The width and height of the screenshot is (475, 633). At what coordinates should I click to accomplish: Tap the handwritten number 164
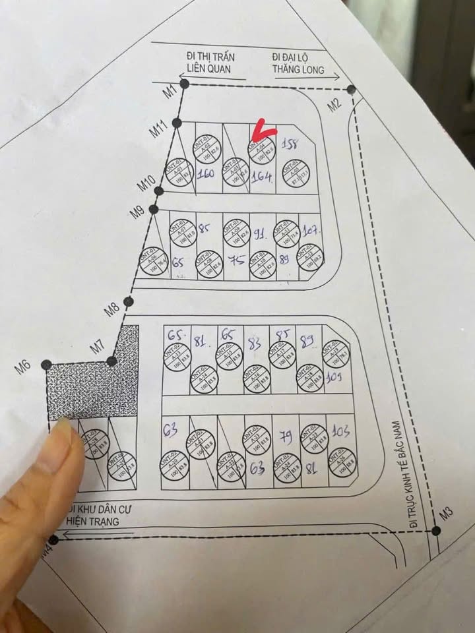(263, 177)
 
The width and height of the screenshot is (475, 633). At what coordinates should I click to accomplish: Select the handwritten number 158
(290, 143)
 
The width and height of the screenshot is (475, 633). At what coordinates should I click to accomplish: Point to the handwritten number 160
(207, 175)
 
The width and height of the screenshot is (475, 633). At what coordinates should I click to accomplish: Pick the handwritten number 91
(261, 233)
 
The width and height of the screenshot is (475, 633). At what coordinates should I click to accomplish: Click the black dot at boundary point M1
(185, 84)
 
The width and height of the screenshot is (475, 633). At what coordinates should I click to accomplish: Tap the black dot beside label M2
(351, 89)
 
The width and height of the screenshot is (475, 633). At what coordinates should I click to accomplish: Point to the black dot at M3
(436, 530)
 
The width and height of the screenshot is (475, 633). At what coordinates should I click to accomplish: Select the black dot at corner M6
(46, 364)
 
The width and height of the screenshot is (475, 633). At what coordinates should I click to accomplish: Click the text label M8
(111, 307)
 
